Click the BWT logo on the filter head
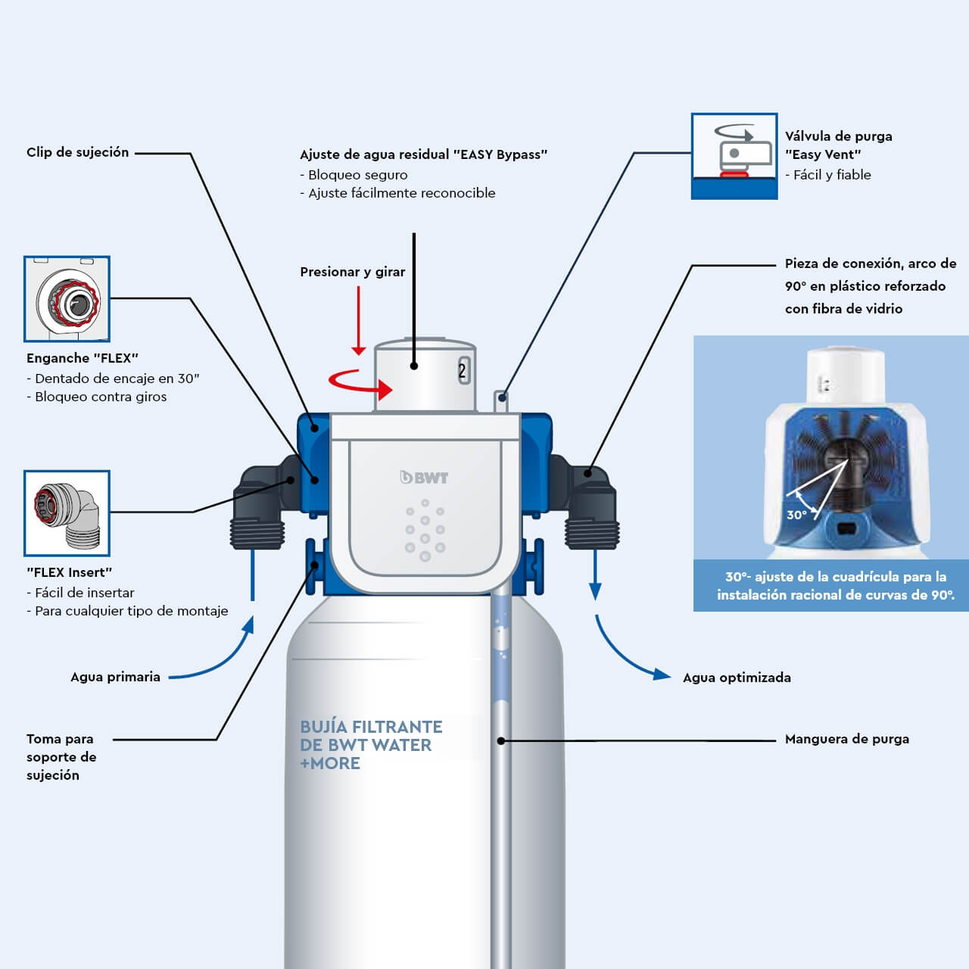click(424, 478)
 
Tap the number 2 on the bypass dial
click(463, 371)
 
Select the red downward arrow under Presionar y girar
click(359, 321)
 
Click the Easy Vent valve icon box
click(734, 157)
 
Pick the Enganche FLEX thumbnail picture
click(67, 299)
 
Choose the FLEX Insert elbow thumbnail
click(67, 513)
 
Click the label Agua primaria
click(115, 677)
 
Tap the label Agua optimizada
click(737, 678)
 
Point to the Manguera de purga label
click(846, 739)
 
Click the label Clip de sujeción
click(77, 152)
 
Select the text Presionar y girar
click(352, 272)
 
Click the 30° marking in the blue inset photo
click(796, 515)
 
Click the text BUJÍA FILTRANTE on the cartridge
click(371, 727)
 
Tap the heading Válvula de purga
click(838, 136)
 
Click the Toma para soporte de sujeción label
click(61, 756)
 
